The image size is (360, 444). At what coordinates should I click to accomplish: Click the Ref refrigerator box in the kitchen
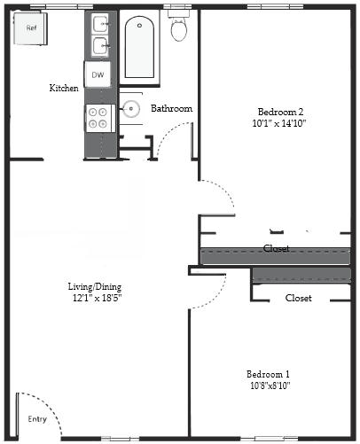click(x=31, y=28)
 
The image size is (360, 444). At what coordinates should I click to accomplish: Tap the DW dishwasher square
click(x=98, y=75)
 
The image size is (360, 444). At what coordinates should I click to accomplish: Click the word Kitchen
click(x=63, y=88)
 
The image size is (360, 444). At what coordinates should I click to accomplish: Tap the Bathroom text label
click(x=171, y=109)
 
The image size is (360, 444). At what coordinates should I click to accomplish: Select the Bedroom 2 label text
click(x=280, y=111)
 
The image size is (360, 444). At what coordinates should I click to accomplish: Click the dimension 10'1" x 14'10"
click(x=280, y=123)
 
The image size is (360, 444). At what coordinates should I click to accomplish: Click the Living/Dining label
click(x=95, y=286)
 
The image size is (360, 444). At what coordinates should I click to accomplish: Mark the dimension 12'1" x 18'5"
click(x=95, y=298)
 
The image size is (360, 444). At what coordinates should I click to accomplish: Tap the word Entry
click(x=37, y=419)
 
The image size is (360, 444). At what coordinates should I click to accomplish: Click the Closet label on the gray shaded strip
click(x=277, y=249)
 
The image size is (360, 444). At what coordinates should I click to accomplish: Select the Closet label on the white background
click(x=298, y=299)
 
